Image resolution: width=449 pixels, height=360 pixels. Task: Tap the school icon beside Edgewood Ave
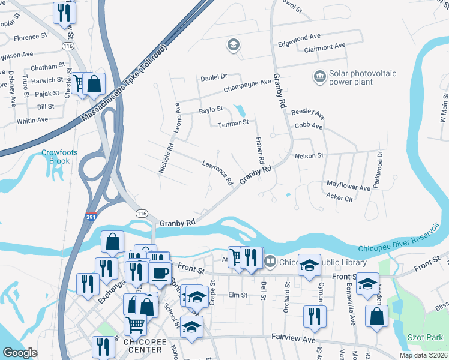[233, 45]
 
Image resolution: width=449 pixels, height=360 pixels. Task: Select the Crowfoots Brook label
[59, 157]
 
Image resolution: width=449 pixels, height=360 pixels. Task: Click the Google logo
[20, 353]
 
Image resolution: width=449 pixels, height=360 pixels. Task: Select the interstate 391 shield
[89, 218]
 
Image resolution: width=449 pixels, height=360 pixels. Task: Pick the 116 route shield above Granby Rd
[142, 214]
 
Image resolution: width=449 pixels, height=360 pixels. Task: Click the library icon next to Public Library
[270, 262]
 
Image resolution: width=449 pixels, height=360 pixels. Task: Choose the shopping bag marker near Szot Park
[376, 316]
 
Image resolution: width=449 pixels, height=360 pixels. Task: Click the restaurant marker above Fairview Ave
[314, 316]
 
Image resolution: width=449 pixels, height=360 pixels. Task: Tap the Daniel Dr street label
[214, 77]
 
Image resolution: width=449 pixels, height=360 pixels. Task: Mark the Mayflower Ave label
[348, 187]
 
